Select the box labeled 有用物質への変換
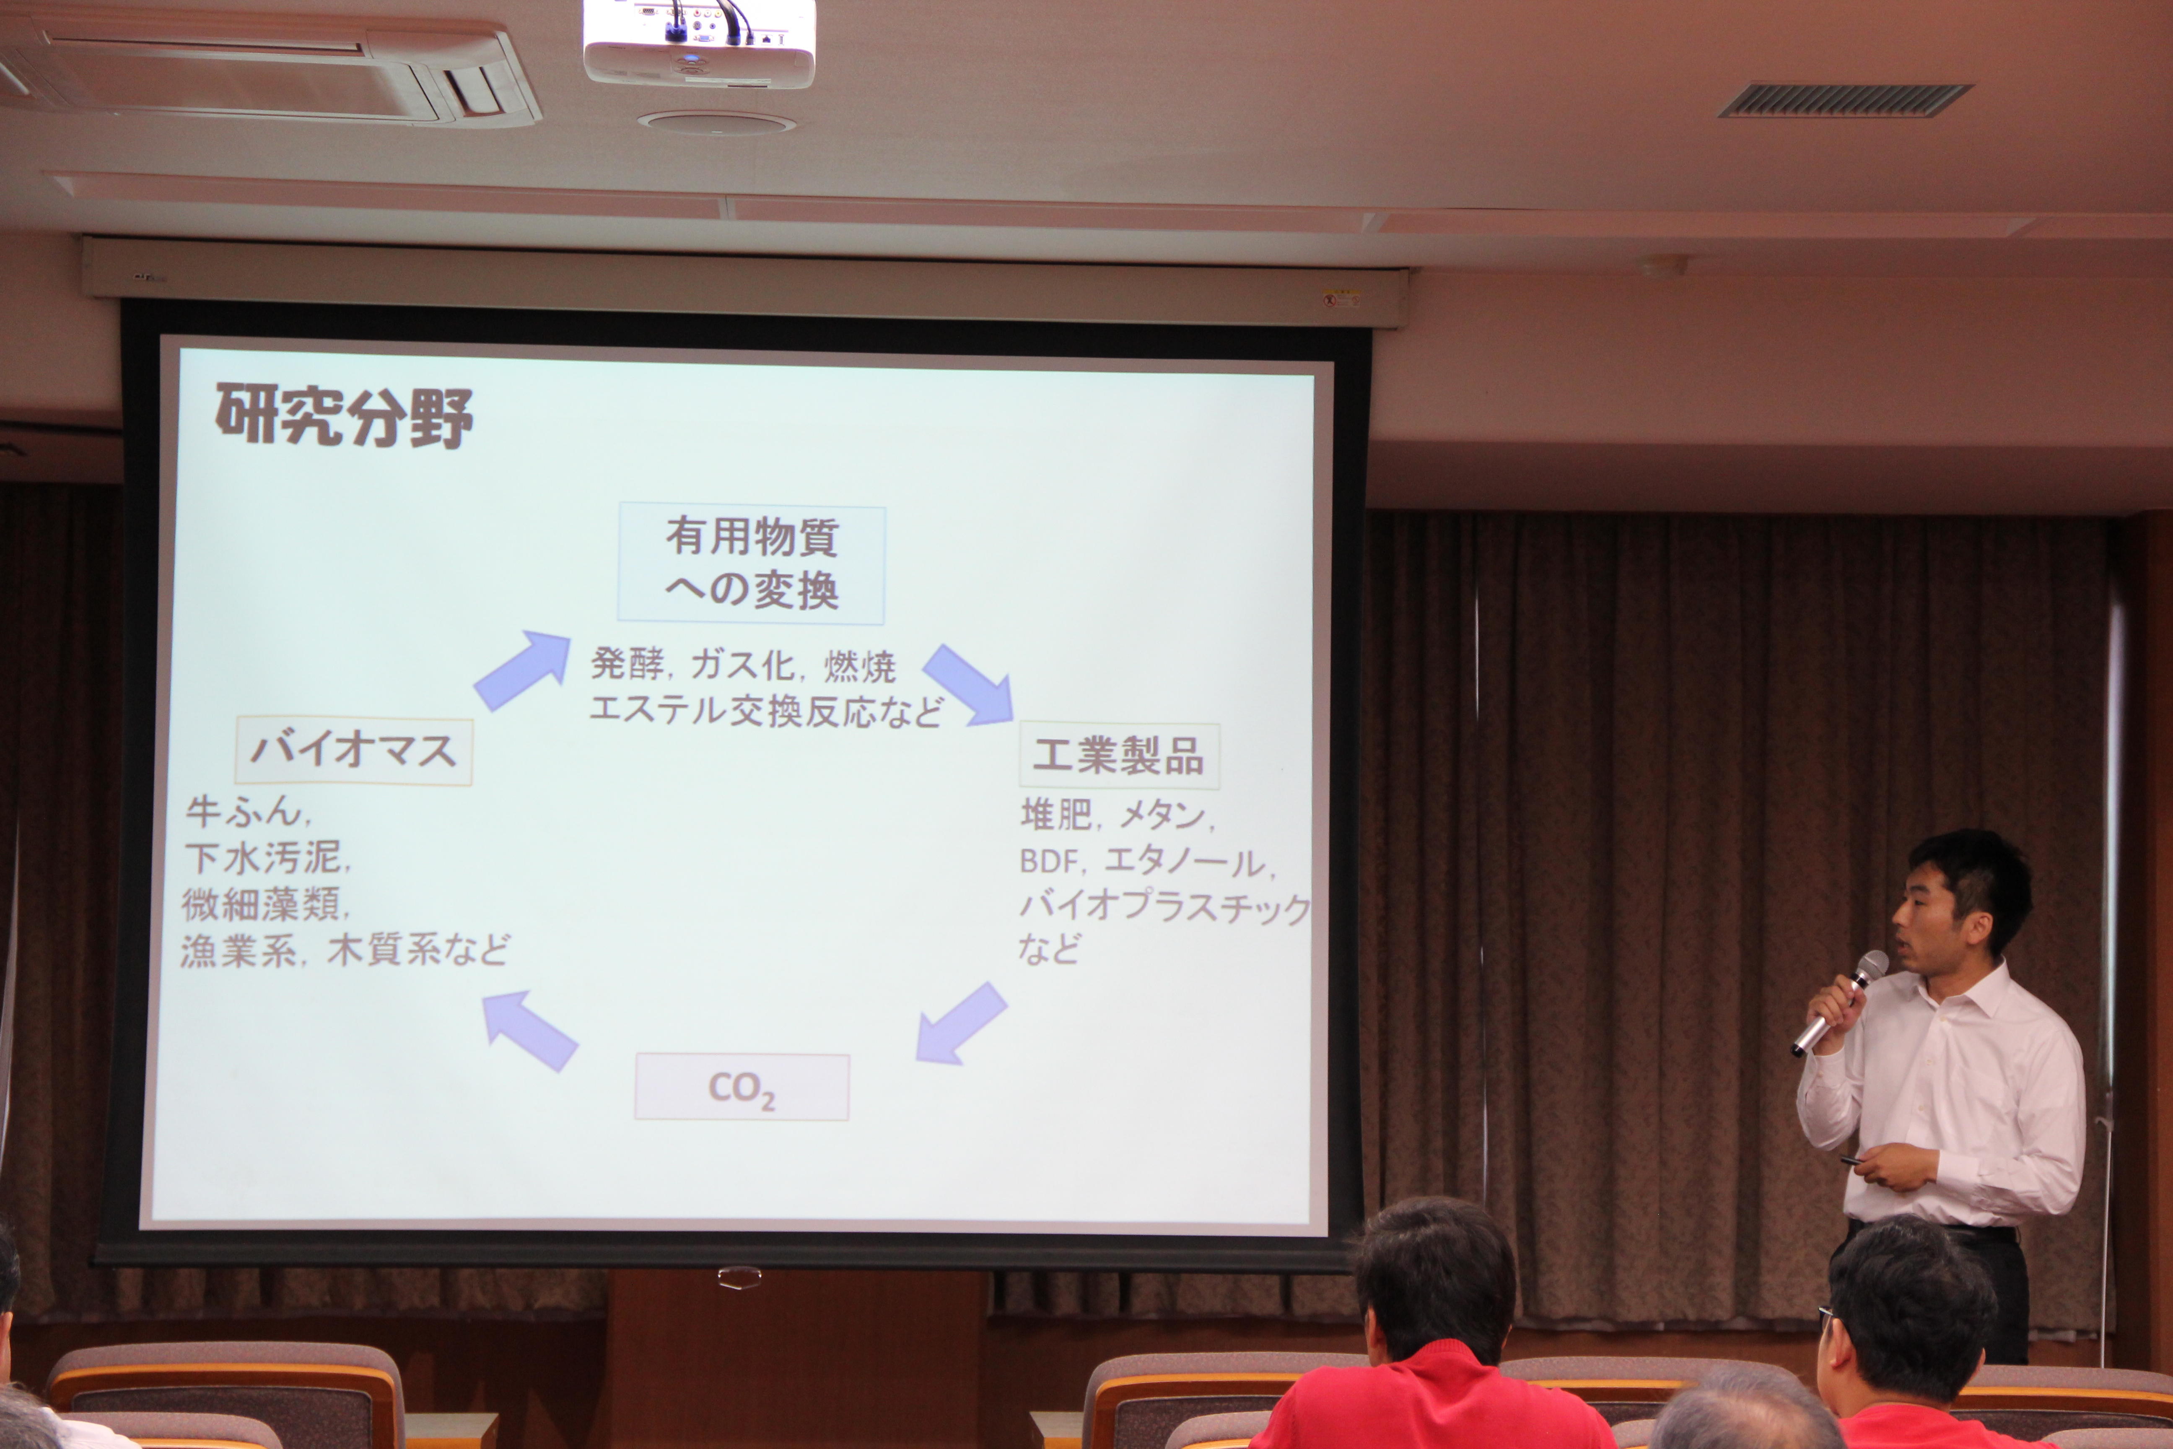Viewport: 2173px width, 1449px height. pyautogui.click(x=751, y=563)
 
